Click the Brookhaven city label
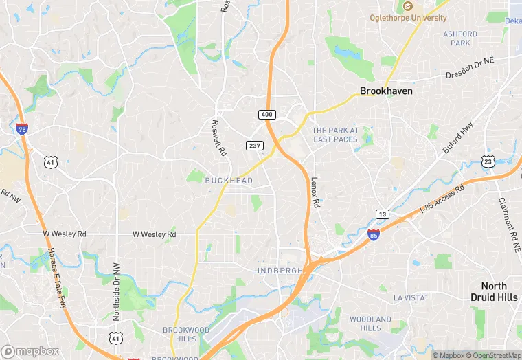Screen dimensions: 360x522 [387, 91]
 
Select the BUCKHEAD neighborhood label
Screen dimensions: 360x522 [229, 181]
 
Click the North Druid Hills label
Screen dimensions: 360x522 [494, 291]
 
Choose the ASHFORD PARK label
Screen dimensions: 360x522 [459, 38]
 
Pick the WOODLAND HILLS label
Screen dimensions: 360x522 [370, 324]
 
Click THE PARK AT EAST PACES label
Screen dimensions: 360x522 [335, 135]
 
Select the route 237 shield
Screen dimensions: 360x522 [255, 145]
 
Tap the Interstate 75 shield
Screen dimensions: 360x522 [22, 128]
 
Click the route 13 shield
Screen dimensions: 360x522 [382, 214]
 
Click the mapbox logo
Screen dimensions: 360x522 [30, 351]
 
